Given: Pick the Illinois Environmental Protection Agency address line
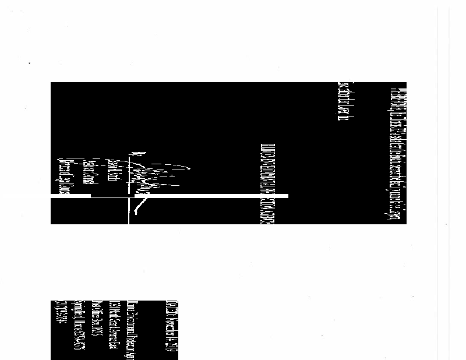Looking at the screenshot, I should coord(132,329).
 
